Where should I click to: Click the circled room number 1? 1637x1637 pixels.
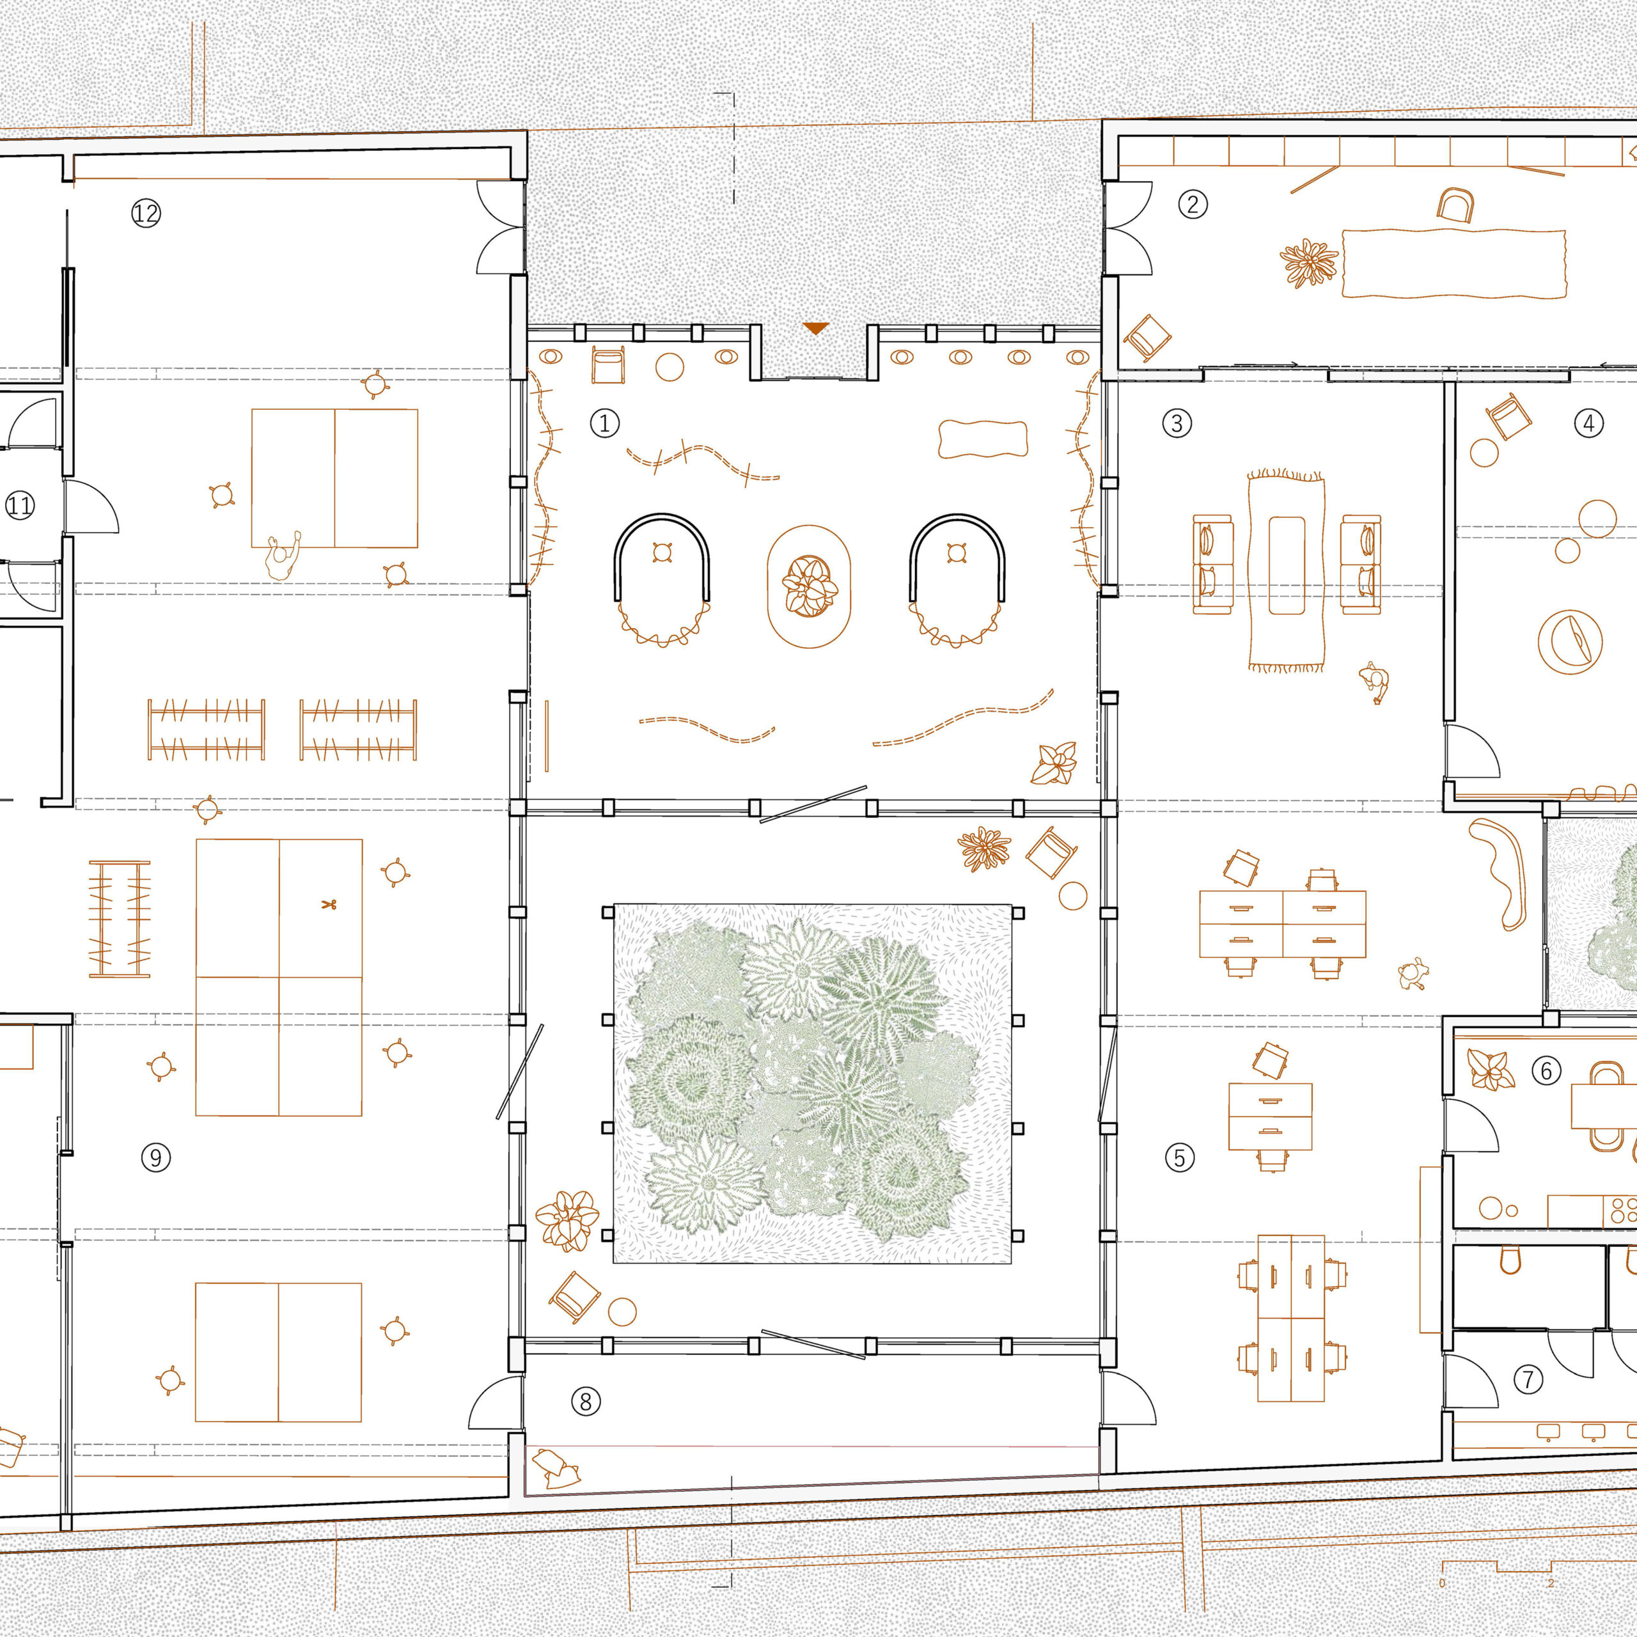(605, 423)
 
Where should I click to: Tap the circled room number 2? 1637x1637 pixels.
(1193, 204)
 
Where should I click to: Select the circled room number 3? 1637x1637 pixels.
(1177, 423)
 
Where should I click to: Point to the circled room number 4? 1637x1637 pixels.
(1588, 423)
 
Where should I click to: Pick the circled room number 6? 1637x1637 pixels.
(1546, 1071)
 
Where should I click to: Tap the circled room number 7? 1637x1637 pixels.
(1528, 1379)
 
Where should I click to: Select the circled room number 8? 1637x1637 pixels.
(586, 1402)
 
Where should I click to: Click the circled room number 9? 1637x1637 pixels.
(156, 1157)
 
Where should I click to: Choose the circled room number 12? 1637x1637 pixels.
(146, 213)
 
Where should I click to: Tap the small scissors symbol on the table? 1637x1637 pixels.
(329, 904)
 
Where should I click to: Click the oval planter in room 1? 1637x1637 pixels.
(808, 586)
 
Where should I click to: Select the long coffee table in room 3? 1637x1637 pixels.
(1286, 565)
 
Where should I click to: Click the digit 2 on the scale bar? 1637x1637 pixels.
(1551, 1583)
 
